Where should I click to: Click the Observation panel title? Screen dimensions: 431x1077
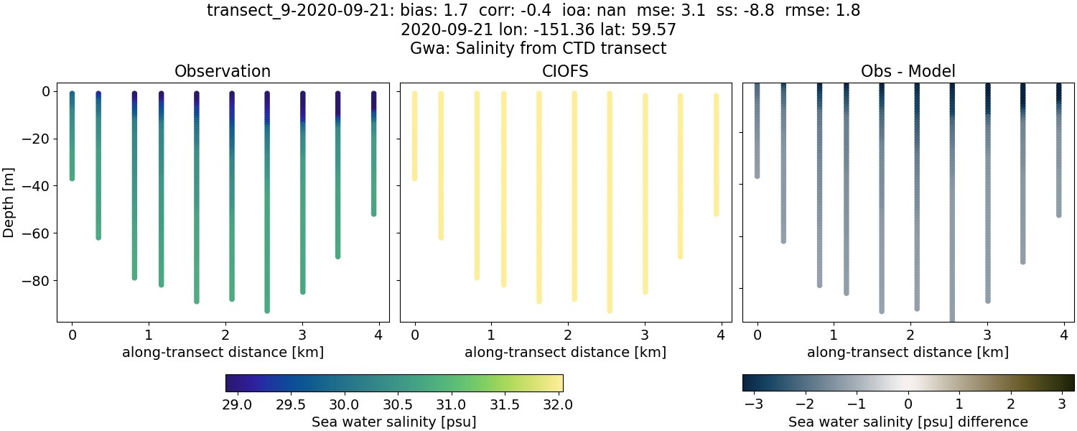click(223, 71)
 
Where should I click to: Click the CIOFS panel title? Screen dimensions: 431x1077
click(565, 71)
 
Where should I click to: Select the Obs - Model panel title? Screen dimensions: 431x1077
click(908, 71)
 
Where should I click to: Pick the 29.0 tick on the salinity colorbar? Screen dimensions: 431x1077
click(237, 404)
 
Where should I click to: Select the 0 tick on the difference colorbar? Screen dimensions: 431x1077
click(908, 404)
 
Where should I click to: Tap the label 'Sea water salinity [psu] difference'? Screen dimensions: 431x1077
click(908, 422)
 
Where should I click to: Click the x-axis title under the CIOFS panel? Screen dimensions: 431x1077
click(565, 352)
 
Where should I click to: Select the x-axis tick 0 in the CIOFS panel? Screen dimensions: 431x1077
click(414, 335)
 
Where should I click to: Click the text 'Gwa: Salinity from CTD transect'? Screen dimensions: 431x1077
click(538, 49)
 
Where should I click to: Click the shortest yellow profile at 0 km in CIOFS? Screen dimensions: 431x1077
click(414, 136)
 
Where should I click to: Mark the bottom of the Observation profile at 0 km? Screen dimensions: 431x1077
click(72, 177)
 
